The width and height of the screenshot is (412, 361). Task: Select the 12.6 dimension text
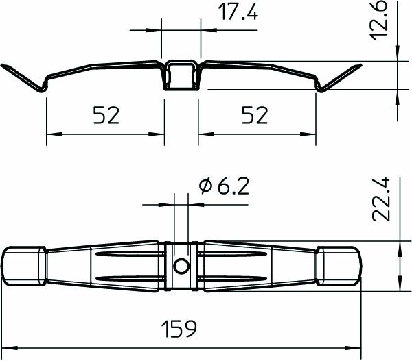pyautogui.click(x=382, y=21)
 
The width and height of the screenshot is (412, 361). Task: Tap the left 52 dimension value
pyautogui.click(x=105, y=116)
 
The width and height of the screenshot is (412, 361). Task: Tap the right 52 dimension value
pyautogui.click(x=255, y=116)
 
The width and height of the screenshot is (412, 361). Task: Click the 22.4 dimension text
pyautogui.click(x=382, y=199)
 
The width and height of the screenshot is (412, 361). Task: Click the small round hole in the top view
pyautogui.click(x=181, y=266)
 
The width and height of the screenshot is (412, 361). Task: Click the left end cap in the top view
pyautogui.click(x=25, y=266)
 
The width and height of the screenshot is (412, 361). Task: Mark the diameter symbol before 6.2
pyautogui.click(x=203, y=186)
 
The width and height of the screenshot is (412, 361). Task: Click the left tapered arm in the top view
pyautogui.click(x=103, y=266)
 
